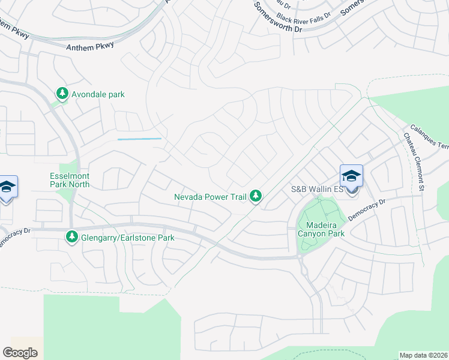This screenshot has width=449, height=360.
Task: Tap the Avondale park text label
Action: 98,94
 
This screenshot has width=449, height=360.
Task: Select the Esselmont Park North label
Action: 70,181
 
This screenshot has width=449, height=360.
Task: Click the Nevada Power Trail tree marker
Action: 256,196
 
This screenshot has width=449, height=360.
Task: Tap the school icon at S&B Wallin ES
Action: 351,176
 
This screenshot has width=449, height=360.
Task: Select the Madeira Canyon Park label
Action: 321,229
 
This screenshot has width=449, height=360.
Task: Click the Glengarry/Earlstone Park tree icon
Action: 72,237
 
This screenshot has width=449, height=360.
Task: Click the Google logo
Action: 20,353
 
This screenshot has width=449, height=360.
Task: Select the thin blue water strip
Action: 139,139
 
